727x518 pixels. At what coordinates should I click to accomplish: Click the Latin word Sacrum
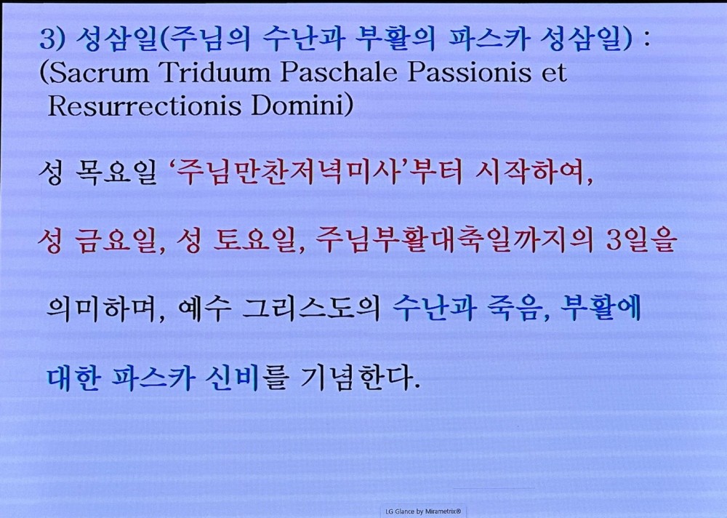(x=98, y=73)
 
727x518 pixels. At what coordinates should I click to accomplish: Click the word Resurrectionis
(x=144, y=105)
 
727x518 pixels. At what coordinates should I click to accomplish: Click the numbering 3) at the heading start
(x=52, y=39)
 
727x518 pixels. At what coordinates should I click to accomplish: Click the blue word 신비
(x=232, y=378)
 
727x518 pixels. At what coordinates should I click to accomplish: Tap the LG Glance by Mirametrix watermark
(x=423, y=511)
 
